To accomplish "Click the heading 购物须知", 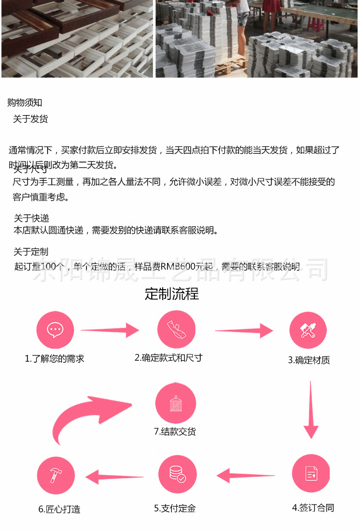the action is point(25,102).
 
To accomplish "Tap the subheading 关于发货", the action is point(30,119).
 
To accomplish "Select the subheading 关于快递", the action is point(31,219).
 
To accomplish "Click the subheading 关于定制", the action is point(31,252).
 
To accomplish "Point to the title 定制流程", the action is point(171,294).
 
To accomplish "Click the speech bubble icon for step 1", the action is point(55,330).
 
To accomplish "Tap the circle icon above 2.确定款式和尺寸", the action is point(176,329).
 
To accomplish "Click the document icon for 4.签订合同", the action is point(311,474).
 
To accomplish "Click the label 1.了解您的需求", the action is point(54,358).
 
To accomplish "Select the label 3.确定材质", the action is point(309,360).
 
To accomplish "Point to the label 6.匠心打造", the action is point(59,509).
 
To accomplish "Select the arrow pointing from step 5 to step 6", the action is point(114,477).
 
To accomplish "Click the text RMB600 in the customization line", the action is point(176,267).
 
